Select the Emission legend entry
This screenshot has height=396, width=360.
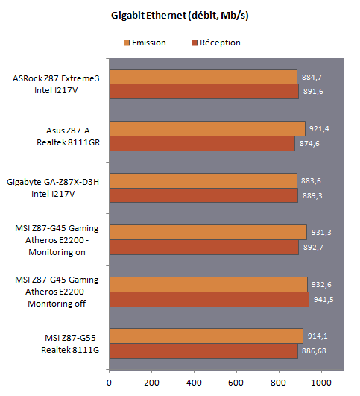pos(145,43)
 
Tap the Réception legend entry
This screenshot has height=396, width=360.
pos(216,43)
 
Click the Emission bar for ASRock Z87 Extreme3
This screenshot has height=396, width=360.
pos(203,77)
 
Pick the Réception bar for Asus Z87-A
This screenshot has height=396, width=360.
pos(202,144)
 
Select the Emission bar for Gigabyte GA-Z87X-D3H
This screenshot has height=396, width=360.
pos(203,180)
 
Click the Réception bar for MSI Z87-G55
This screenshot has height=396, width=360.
pos(203,351)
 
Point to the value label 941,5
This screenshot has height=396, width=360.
pos(323,300)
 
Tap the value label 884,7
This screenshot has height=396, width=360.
pos(312,77)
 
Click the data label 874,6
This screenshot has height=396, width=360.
pos(309,144)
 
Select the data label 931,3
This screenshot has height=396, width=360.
pos(321,233)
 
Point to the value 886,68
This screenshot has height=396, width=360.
pos(314,351)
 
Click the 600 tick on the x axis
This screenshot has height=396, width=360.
pos(236,383)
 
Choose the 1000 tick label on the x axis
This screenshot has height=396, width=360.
pos(321,383)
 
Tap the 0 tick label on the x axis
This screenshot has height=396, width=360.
pos(109,383)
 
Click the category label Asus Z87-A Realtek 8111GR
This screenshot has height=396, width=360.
pos(68,136)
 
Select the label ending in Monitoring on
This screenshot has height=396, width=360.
pos(57,240)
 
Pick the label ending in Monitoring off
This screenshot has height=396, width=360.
pos(57,292)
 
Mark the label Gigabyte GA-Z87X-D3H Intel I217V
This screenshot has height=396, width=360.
pos(53,188)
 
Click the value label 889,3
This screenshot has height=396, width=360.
pos(312,196)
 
